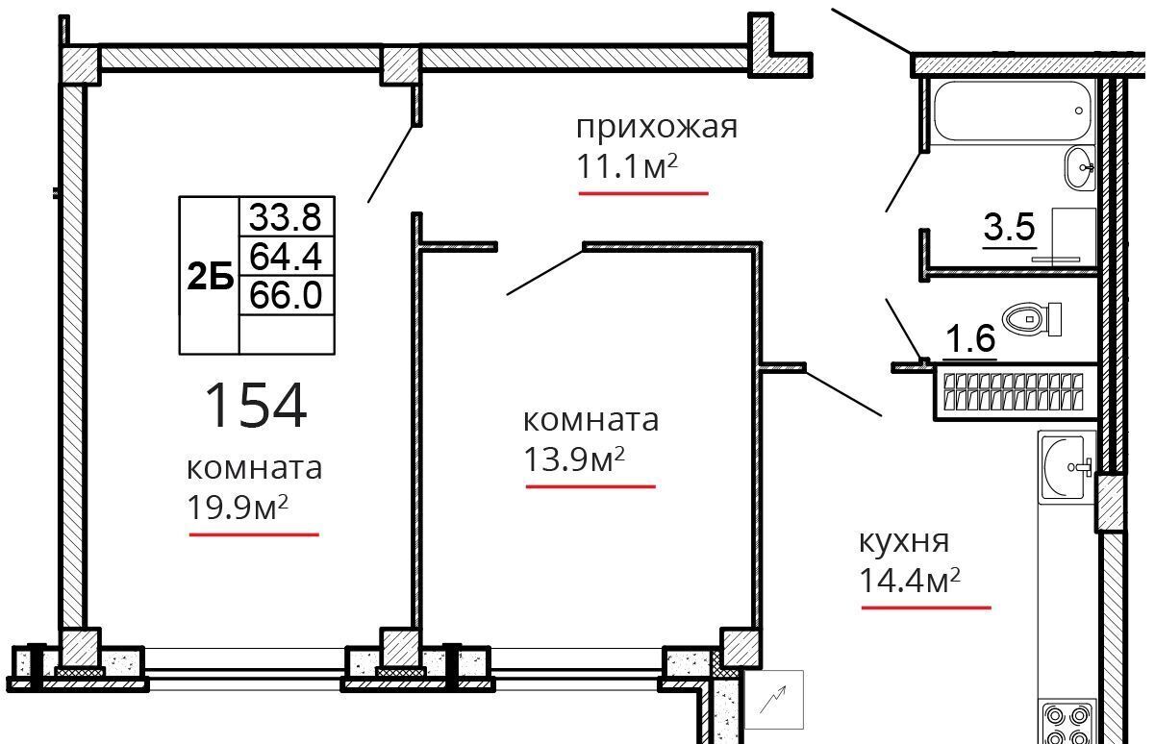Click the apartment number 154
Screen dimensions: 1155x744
click(256, 405)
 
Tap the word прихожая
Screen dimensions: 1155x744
click(657, 127)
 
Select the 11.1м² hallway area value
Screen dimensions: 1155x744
click(626, 166)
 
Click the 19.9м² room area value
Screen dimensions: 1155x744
click(238, 507)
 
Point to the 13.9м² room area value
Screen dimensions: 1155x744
click(574, 459)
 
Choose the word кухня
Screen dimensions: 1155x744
click(904, 543)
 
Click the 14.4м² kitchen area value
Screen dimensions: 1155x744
click(910, 581)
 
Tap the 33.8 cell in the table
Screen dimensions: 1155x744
click(286, 217)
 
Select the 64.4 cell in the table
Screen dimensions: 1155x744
click(286, 257)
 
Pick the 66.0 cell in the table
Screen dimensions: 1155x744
click(286, 295)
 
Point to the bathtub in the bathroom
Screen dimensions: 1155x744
click(1012, 111)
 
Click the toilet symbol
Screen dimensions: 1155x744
click(1032, 319)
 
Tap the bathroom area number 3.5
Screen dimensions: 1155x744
click(1009, 227)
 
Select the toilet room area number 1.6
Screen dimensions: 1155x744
click(970, 338)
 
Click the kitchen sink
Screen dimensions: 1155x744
click(1067, 467)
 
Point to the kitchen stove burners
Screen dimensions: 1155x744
click(1067, 724)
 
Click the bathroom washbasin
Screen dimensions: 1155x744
click(1080, 167)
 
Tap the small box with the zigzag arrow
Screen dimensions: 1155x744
click(773, 699)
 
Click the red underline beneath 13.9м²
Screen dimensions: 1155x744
click(590, 486)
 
